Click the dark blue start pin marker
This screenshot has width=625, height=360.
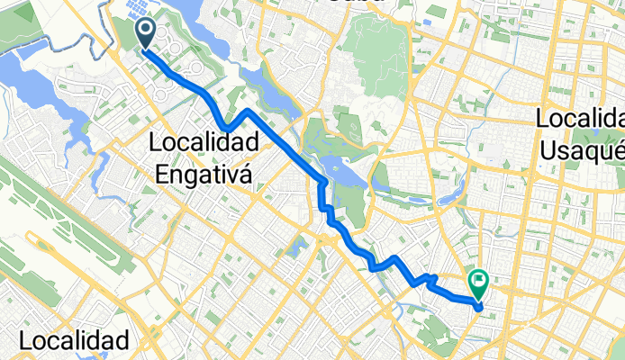coord(144,34)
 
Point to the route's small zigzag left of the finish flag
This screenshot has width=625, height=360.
coord(429,281)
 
